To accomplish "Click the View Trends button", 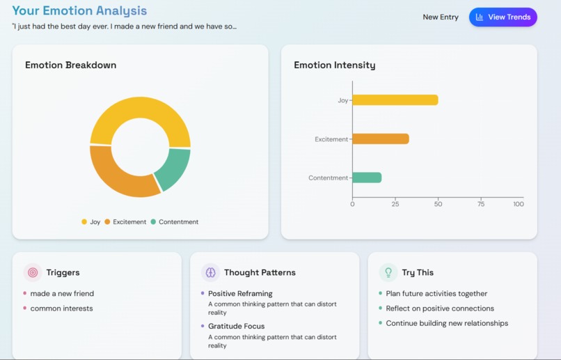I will click(503, 17).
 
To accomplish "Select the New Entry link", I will click(441, 17).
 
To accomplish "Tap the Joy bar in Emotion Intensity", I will click(395, 100).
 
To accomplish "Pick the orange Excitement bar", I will click(380, 139).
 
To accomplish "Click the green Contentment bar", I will click(367, 178).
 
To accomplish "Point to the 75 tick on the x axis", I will click(481, 204).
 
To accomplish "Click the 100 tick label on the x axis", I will click(518, 204).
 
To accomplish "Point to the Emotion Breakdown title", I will click(70, 65).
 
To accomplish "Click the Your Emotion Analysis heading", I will click(79, 10).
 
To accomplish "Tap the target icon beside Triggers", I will click(33, 273).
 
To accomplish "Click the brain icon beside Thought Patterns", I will click(210, 273).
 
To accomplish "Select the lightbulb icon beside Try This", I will click(388, 273).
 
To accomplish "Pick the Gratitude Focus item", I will click(236, 326).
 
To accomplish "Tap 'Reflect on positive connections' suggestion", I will click(440, 308).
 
